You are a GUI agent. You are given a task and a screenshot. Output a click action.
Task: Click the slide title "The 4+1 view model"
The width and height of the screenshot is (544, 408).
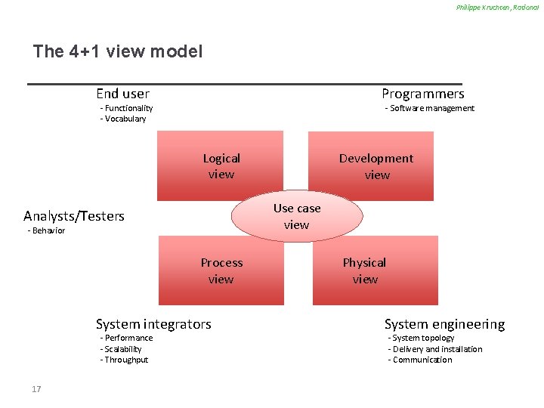coord(118,52)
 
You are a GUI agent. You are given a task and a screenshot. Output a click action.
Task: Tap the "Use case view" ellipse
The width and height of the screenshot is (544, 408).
coord(297,216)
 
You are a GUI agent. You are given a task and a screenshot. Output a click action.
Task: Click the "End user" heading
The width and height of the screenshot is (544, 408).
coord(122,94)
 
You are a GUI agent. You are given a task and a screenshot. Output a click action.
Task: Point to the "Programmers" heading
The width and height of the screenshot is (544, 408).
coord(422,94)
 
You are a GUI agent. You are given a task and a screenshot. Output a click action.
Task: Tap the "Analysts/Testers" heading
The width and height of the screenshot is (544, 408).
coord(74,216)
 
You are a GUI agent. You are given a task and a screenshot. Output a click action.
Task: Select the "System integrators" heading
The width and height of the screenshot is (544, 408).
coord(153,324)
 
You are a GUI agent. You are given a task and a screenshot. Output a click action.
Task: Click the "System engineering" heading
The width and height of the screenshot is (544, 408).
coord(444,324)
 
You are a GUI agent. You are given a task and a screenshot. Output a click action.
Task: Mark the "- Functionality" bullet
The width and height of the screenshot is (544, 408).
coord(127,108)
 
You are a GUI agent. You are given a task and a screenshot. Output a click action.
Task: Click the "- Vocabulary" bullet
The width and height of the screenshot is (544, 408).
coord(123,119)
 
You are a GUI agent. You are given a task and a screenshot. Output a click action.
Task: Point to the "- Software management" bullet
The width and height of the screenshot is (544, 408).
coord(430,108)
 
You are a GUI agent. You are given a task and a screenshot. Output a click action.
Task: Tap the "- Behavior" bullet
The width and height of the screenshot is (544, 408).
coord(46,230)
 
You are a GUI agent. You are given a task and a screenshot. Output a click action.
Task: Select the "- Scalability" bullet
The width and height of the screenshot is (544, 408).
coord(121,349)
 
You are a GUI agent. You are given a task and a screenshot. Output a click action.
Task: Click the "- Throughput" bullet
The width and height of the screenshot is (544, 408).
coord(125,360)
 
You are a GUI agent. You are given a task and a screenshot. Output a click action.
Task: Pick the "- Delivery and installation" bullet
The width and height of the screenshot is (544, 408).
coord(435,349)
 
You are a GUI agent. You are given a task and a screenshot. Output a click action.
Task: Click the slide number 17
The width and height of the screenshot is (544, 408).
coord(36,389)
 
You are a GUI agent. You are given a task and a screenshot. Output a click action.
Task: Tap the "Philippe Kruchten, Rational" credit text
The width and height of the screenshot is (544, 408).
coord(497,8)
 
